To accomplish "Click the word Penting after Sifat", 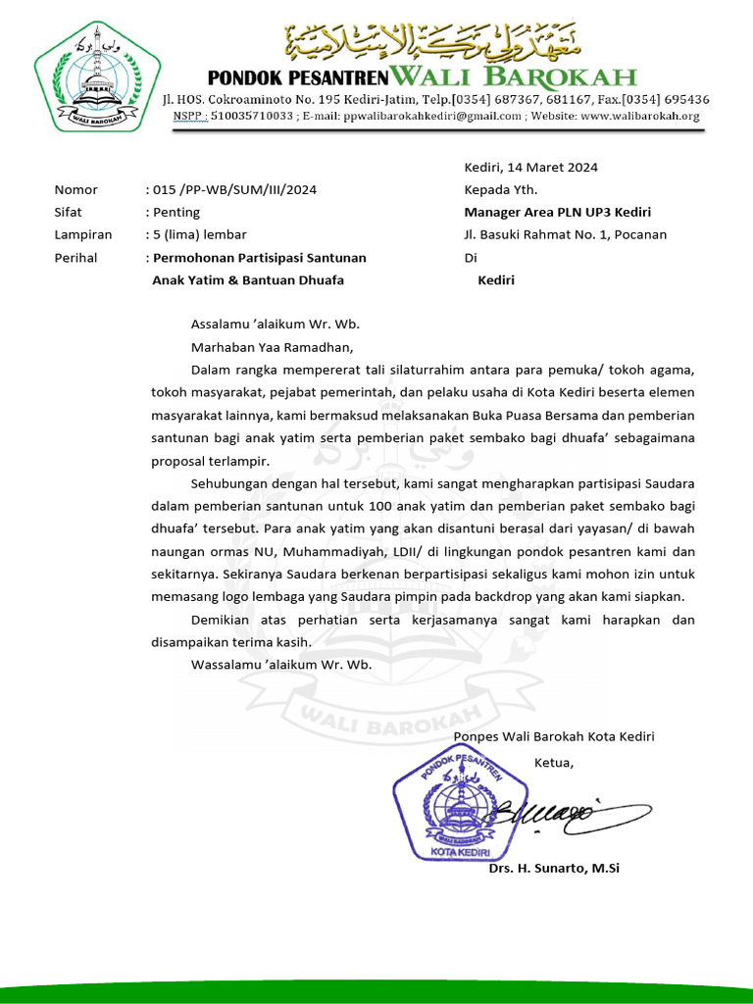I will [x=176, y=212].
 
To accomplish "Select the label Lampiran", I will [x=82, y=234].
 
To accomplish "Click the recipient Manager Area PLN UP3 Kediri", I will [x=557, y=212].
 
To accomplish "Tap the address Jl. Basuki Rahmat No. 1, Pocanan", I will [x=565, y=234].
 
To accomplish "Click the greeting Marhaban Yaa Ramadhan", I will [x=271, y=346].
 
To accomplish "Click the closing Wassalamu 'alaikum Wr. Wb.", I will [x=281, y=665].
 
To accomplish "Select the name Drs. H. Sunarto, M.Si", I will [x=553, y=869].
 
